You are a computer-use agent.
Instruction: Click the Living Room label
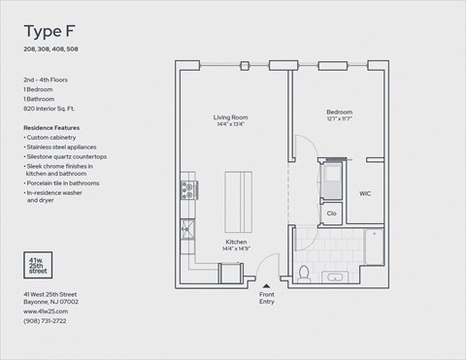(232, 117)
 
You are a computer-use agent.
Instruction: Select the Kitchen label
(237, 242)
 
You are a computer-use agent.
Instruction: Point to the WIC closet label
(366, 193)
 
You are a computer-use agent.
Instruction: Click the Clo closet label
(331, 213)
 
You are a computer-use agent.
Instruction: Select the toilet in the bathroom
(304, 273)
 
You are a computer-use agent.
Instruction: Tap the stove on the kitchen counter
(187, 190)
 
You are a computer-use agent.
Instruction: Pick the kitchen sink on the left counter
(185, 230)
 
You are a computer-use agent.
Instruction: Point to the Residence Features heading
(51, 127)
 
